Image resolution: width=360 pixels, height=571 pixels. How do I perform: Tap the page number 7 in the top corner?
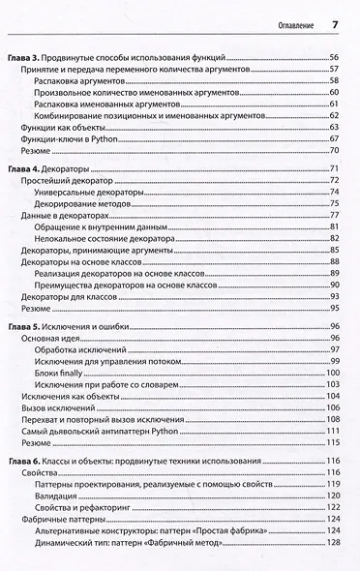pyautogui.click(x=334, y=24)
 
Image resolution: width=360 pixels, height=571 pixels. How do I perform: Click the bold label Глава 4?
pyautogui.click(x=25, y=169)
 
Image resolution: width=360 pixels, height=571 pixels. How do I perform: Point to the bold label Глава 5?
pyautogui.click(x=25, y=329)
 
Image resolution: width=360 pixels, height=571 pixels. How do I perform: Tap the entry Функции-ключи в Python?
pyautogui.click(x=67, y=138)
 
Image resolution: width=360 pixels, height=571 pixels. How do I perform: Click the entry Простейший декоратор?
pyautogui.click(x=63, y=181)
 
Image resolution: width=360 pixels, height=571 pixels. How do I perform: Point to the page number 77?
pyautogui.click(x=333, y=215)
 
